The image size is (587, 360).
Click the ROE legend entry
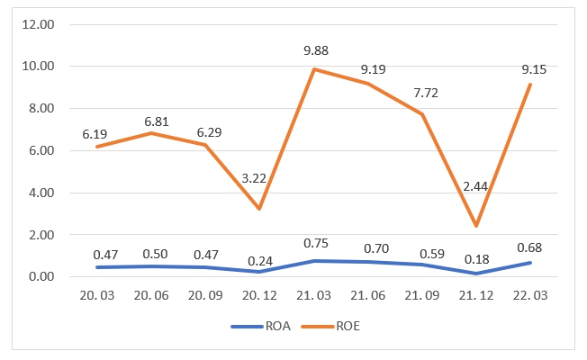click(x=344, y=328)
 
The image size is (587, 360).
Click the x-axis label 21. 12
click(x=476, y=295)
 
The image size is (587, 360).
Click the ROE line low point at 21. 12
click(x=476, y=226)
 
